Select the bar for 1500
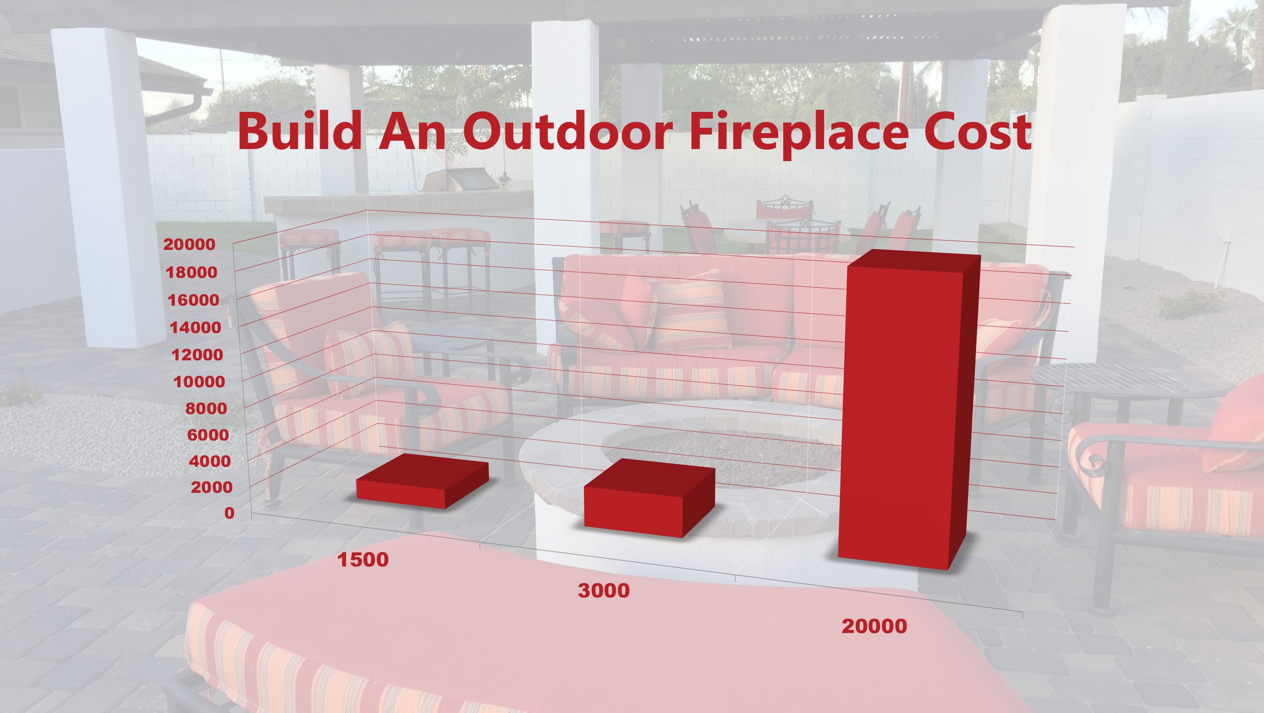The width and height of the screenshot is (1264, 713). (422, 481)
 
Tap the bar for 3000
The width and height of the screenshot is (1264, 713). (649, 498)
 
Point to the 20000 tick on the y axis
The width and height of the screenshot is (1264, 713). (190, 244)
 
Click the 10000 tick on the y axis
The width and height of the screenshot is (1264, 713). (199, 382)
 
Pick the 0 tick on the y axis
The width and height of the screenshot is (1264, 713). (229, 513)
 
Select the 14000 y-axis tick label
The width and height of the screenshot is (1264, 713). (195, 327)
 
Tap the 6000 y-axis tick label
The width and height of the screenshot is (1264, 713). (208, 435)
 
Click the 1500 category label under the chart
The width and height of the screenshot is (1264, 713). (363, 560)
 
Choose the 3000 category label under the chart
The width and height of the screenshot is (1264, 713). (604, 591)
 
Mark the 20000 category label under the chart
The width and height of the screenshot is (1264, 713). (875, 626)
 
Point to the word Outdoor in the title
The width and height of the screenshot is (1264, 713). (568, 132)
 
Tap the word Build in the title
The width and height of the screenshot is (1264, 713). (299, 131)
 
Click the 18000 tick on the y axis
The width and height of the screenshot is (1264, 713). (191, 272)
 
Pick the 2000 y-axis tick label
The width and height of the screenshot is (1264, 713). (211, 487)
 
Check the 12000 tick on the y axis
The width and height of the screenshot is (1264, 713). (197, 355)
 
